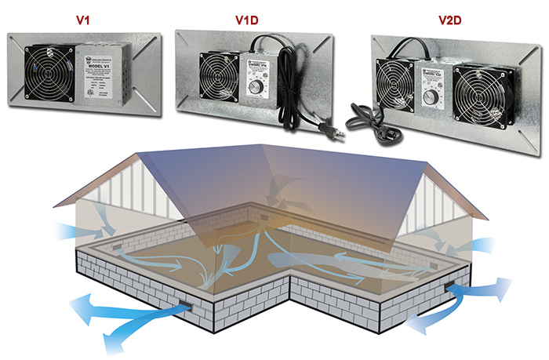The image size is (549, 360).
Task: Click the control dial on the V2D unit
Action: click(x=431, y=98)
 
